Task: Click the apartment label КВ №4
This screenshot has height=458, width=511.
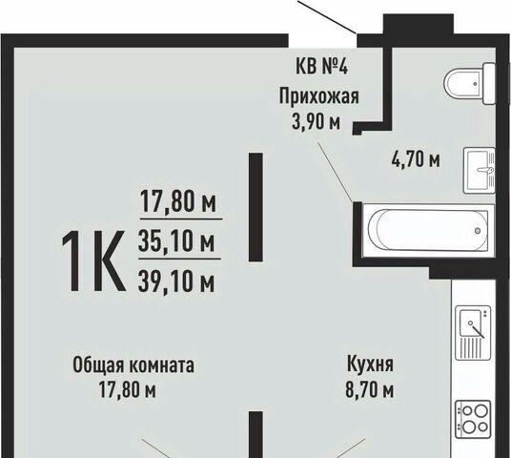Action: (321, 67)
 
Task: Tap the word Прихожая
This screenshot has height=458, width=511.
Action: (318, 96)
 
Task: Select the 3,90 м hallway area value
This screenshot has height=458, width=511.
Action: (317, 123)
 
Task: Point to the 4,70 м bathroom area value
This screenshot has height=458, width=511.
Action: (416, 159)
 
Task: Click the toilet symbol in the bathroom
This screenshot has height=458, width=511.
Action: (470, 84)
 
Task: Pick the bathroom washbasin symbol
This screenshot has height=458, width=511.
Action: (479, 170)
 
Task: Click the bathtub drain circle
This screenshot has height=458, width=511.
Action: (478, 231)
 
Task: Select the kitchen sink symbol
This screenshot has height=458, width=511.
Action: (473, 333)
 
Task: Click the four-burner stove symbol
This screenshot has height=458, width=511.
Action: (473, 421)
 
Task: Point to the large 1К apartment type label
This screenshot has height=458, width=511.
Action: (93, 260)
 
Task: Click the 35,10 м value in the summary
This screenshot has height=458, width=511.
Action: (176, 240)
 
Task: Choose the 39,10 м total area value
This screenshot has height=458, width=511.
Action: (176, 281)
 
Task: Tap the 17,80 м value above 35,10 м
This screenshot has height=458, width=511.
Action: (178, 201)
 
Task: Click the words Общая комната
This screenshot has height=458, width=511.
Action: (133, 365)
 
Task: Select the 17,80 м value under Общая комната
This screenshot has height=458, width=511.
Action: (128, 390)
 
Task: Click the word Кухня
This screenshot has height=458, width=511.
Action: (370, 364)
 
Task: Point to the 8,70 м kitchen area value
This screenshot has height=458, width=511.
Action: (370, 390)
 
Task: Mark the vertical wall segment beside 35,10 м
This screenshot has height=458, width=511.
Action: (255, 207)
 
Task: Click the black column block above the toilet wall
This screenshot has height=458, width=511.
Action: (419, 24)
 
